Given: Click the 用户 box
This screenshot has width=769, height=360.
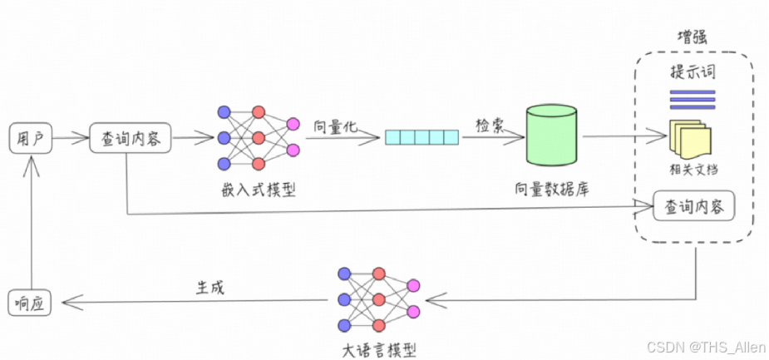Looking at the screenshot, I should click(x=31, y=138).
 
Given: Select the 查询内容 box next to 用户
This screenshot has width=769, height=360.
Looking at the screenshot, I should click(x=130, y=138).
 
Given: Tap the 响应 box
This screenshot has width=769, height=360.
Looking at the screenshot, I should click(x=31, y=303).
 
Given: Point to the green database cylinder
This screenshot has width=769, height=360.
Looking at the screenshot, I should click(x=551, y=135).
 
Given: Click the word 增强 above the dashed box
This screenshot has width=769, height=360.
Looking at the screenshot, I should click(x=693, y=38).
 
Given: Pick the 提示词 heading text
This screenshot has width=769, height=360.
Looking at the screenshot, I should click(x=693, y=72).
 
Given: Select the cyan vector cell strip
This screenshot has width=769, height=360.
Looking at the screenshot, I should click(x=421, y=136).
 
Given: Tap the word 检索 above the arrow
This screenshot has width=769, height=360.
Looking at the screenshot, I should click(x=489, y=121).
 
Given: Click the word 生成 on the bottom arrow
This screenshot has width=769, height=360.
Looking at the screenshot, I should click(x=210, y=287).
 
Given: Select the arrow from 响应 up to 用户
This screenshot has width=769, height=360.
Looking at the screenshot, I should click(x=31, y=224).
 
